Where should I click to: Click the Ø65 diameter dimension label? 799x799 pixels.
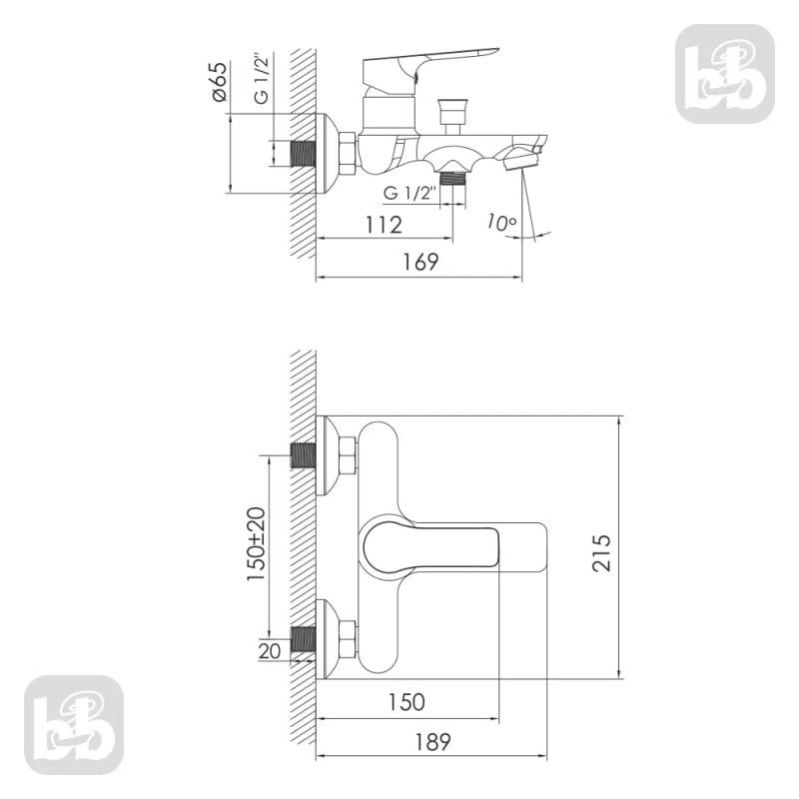(219, 82)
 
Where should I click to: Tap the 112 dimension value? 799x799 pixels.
(384, 225)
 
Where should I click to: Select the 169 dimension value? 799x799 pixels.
(420, 262)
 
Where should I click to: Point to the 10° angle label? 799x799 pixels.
(501, 223)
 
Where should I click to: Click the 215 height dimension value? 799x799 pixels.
(602, 553)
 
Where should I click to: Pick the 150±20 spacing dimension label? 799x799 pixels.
(256, 543)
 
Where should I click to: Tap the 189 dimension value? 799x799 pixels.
(432, 742)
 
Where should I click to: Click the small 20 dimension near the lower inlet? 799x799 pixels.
(270, 651)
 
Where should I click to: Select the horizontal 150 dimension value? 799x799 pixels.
(406, 702)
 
